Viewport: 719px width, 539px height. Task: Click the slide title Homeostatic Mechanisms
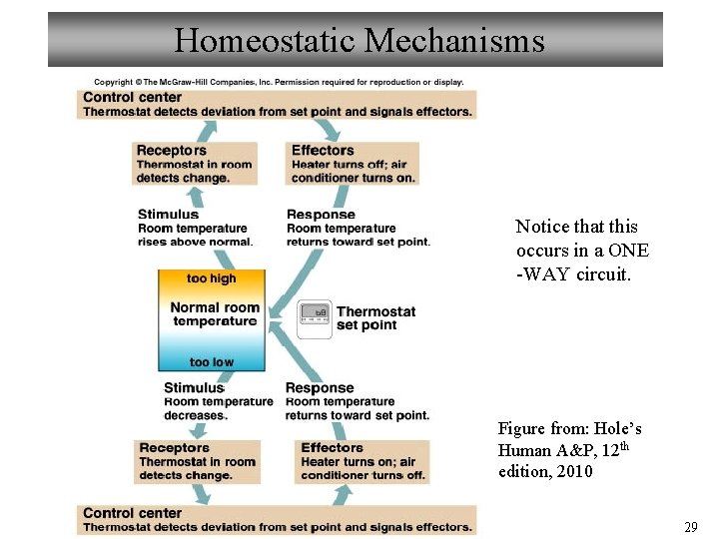tap(359, 40)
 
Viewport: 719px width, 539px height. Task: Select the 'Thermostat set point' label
tap(375, 318)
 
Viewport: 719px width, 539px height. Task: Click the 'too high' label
tap(212, 278)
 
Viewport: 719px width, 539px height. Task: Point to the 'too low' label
tap(212, 362)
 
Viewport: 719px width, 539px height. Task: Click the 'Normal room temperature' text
tap(214, 314)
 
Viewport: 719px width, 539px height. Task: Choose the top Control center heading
tap(132, 97)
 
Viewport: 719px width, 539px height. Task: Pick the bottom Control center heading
tap(132, 513)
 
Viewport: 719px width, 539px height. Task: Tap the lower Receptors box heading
tap(174, 448)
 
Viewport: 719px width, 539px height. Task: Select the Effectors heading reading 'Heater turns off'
tap(323, 151)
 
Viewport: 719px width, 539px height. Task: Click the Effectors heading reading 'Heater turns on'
tap(332, 448)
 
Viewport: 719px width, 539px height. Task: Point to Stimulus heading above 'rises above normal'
tap(168, 215)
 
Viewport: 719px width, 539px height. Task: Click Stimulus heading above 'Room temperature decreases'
tap(194, 388)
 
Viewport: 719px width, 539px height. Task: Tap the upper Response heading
tap(321, 215)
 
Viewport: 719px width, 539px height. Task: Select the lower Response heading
tap(320, 388)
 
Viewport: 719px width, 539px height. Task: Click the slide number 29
tap(690, 526)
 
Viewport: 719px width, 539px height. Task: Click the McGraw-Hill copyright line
tap(279, 82)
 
